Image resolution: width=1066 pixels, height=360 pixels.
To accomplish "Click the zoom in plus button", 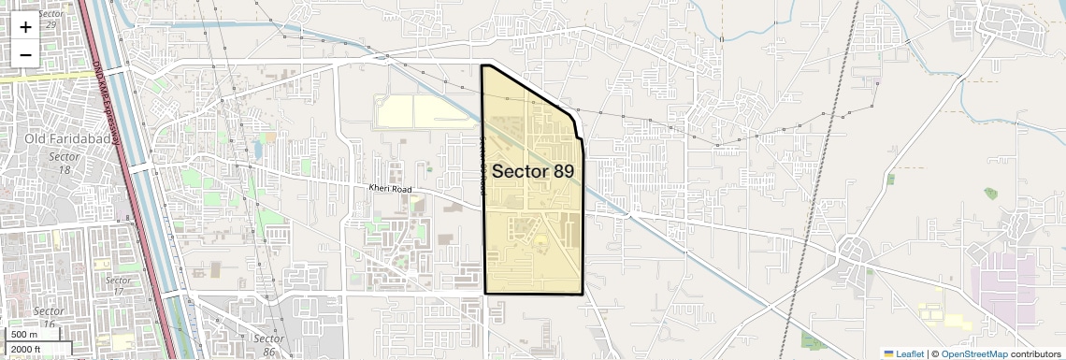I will coord(25,27).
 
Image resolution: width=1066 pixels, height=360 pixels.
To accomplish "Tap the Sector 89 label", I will coord(532,171).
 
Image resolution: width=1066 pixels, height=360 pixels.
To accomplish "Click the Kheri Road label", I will coord(390,188).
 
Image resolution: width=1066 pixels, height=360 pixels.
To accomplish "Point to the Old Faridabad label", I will coord(62,139).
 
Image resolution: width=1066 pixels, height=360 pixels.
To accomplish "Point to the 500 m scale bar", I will coord(25,335).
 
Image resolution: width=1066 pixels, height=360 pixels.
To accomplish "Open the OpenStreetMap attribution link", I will coord(974,353).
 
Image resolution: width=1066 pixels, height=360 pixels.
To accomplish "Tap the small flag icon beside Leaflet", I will coord(889,353).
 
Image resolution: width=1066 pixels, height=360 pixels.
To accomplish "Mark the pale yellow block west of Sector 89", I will coord(421,112).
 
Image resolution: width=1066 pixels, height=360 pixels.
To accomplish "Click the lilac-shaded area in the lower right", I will coord(1005,290).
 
